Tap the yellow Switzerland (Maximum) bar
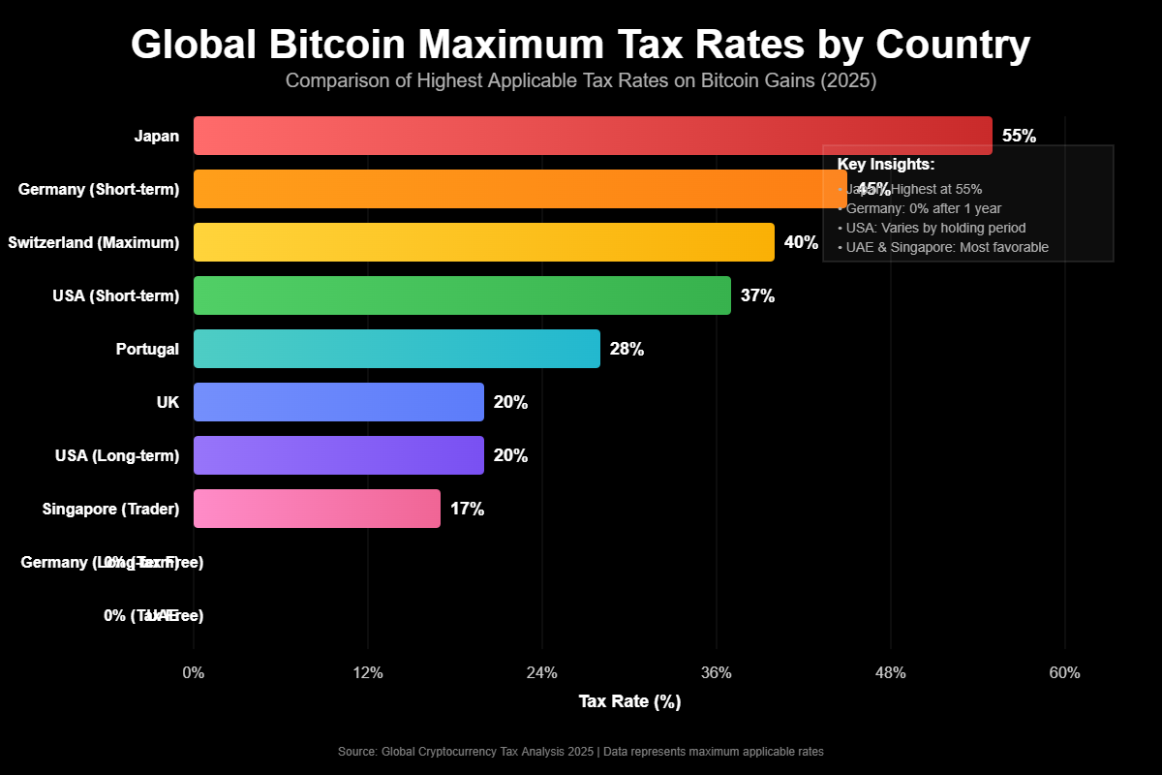484,242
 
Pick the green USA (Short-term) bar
462,295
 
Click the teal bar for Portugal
397,349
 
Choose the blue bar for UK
339,402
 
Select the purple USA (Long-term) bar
339,455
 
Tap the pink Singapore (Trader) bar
317,509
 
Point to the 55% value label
1019,136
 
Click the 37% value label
757,295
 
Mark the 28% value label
627,349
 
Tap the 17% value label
467,509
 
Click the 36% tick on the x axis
716,673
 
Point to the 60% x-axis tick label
1064,673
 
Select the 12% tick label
368,673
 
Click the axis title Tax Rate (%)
629,701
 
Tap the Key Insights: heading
885,165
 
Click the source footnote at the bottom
581,752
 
